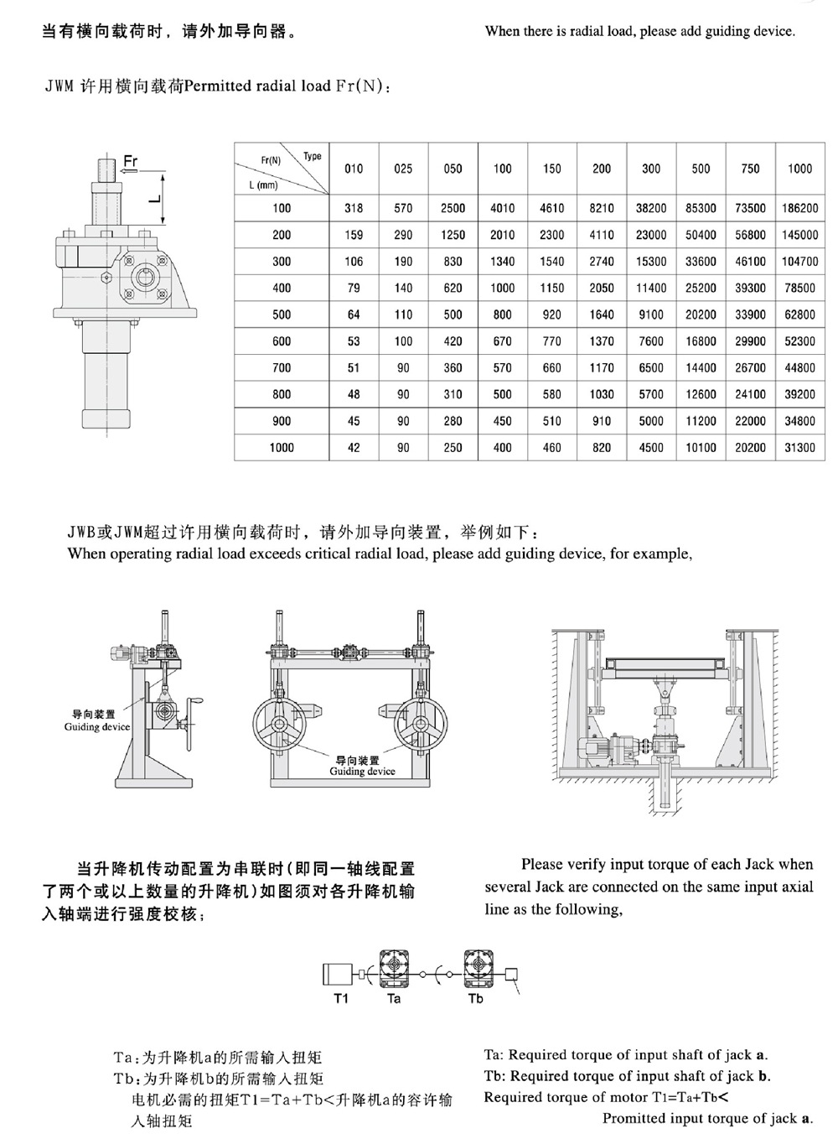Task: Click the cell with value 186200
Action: click(799, 208)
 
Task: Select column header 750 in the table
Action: click(750, 169)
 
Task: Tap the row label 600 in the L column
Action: click(282, 341)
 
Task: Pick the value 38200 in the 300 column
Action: click(651, 208)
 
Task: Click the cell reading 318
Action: click(354, 208)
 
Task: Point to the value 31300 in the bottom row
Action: click(799, 448)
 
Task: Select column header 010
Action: click(354, 169)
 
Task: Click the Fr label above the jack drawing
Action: click(131, 160)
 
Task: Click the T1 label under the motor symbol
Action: click(341, 998)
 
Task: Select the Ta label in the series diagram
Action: click(394, 998)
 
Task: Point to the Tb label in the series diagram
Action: click(475, 998)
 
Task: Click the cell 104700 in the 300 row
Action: click(799, 262)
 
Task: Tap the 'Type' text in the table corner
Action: click(312, 156)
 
